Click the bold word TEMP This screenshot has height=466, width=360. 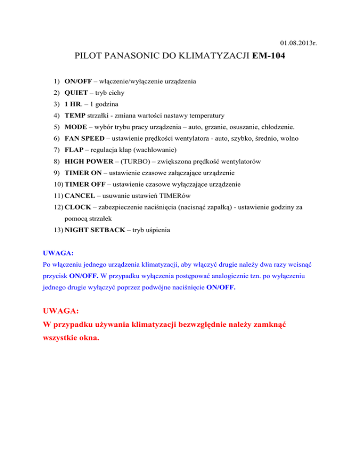(x=75, y=115)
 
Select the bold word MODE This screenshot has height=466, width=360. (x=75, y=127)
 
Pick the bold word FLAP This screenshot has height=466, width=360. (x=74, y=150)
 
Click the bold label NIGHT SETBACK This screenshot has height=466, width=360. (x=94, y=230)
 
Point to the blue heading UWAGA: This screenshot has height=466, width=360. (x=55, y=253)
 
